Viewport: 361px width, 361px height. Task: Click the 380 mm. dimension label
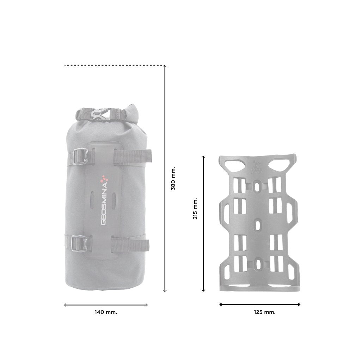(173, 179)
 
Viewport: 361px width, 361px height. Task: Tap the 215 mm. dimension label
(196, 208)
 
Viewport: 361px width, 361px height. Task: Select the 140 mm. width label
(106, 312)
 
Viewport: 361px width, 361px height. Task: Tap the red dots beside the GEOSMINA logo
(103, 179)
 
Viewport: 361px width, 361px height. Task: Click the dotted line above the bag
(113, 65)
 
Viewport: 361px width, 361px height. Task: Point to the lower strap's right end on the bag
(146, 245)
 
